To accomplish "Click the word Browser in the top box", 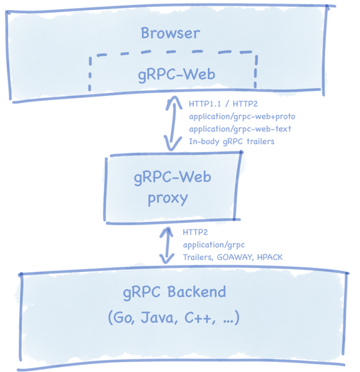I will [170, 33].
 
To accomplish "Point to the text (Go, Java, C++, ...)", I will [174, 318].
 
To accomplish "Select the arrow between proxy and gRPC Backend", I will [168, 245].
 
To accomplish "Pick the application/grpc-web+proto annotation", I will [240, 116].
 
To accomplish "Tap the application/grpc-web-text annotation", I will [239, 128].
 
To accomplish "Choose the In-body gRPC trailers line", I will [231, 141].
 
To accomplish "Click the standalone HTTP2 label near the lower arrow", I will [195, 231].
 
